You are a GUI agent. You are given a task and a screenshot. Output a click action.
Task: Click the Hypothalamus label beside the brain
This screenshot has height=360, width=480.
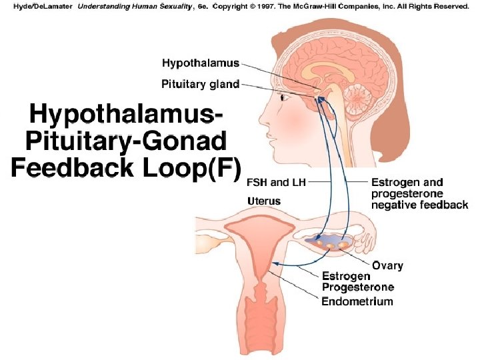(201, 63)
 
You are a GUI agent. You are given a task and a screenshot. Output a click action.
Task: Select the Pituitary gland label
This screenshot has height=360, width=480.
(201, 84)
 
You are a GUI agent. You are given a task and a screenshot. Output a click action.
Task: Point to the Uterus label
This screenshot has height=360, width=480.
(264, 201)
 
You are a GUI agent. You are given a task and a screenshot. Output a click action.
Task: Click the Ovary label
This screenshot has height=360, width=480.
(387, 265)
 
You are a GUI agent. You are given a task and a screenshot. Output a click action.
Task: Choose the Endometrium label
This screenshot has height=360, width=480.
(357, 301)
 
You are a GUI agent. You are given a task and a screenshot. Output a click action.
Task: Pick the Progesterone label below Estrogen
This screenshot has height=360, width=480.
(358, 287)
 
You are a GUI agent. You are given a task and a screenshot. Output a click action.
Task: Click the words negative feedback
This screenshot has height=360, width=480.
(419, 205)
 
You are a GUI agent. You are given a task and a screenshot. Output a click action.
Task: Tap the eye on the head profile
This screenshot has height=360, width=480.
(285, 98)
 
